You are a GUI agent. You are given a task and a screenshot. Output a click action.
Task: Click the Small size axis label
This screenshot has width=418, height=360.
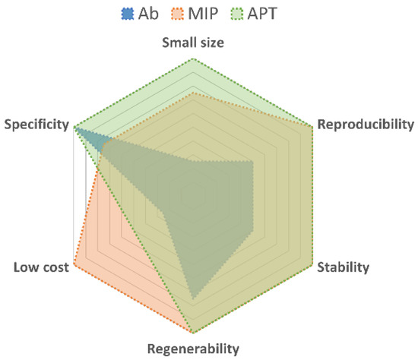pos(193,43)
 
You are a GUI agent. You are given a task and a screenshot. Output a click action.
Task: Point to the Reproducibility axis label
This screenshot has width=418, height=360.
pos(366,124)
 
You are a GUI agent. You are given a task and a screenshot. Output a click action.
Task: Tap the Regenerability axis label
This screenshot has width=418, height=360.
pos(193,349)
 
